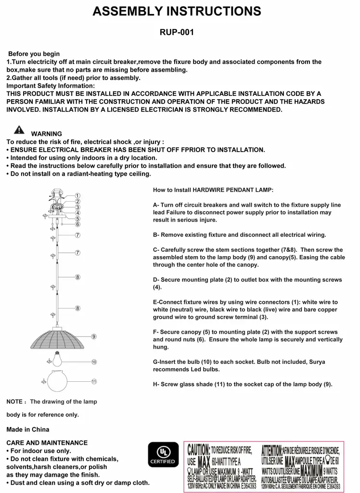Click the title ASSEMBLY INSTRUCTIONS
177,12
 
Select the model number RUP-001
177,33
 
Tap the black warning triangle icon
19,130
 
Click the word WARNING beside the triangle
47,134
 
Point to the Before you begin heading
34,54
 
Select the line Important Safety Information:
51,85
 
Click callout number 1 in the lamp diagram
77,195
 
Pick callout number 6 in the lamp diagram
77,224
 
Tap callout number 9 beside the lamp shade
93,337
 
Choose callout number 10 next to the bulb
94,362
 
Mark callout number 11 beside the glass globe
94,381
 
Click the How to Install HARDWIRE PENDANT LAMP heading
213,190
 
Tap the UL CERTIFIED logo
162,455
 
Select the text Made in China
27,429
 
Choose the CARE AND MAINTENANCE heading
47,442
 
